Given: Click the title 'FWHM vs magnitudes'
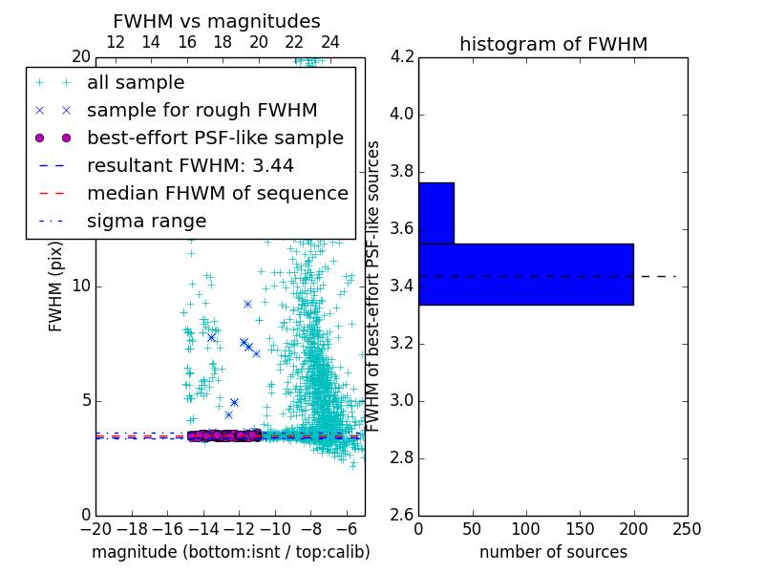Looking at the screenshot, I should tap(217, 22).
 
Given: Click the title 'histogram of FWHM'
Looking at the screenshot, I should tap(553, 45).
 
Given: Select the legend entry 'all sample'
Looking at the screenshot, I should tap(136, 83).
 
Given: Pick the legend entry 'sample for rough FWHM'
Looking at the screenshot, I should tap(202, 111).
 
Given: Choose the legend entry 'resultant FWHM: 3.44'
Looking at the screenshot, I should tap(190, 166).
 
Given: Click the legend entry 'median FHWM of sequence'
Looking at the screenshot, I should tap(217, 194).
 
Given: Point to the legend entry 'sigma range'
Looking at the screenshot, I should tap(146, 222).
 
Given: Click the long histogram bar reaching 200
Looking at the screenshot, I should tap(525, 274).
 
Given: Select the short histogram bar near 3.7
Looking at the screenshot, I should tap(435, 213).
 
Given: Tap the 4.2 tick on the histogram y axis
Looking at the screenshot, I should tap(401, 57).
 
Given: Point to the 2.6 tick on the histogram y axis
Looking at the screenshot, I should tap(401, 515).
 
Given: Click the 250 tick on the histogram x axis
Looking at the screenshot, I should tap(688, 528).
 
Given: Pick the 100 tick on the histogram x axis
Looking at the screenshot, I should tap(526, 528).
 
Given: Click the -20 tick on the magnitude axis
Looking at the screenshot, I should tap(95, 528).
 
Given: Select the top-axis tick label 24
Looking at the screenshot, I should tap(330, 43).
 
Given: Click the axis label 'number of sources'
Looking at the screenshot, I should tap(553, 552).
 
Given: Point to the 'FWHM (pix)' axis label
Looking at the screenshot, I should tap(56, 286).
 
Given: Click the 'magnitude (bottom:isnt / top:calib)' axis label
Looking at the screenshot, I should tap(230, 552).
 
